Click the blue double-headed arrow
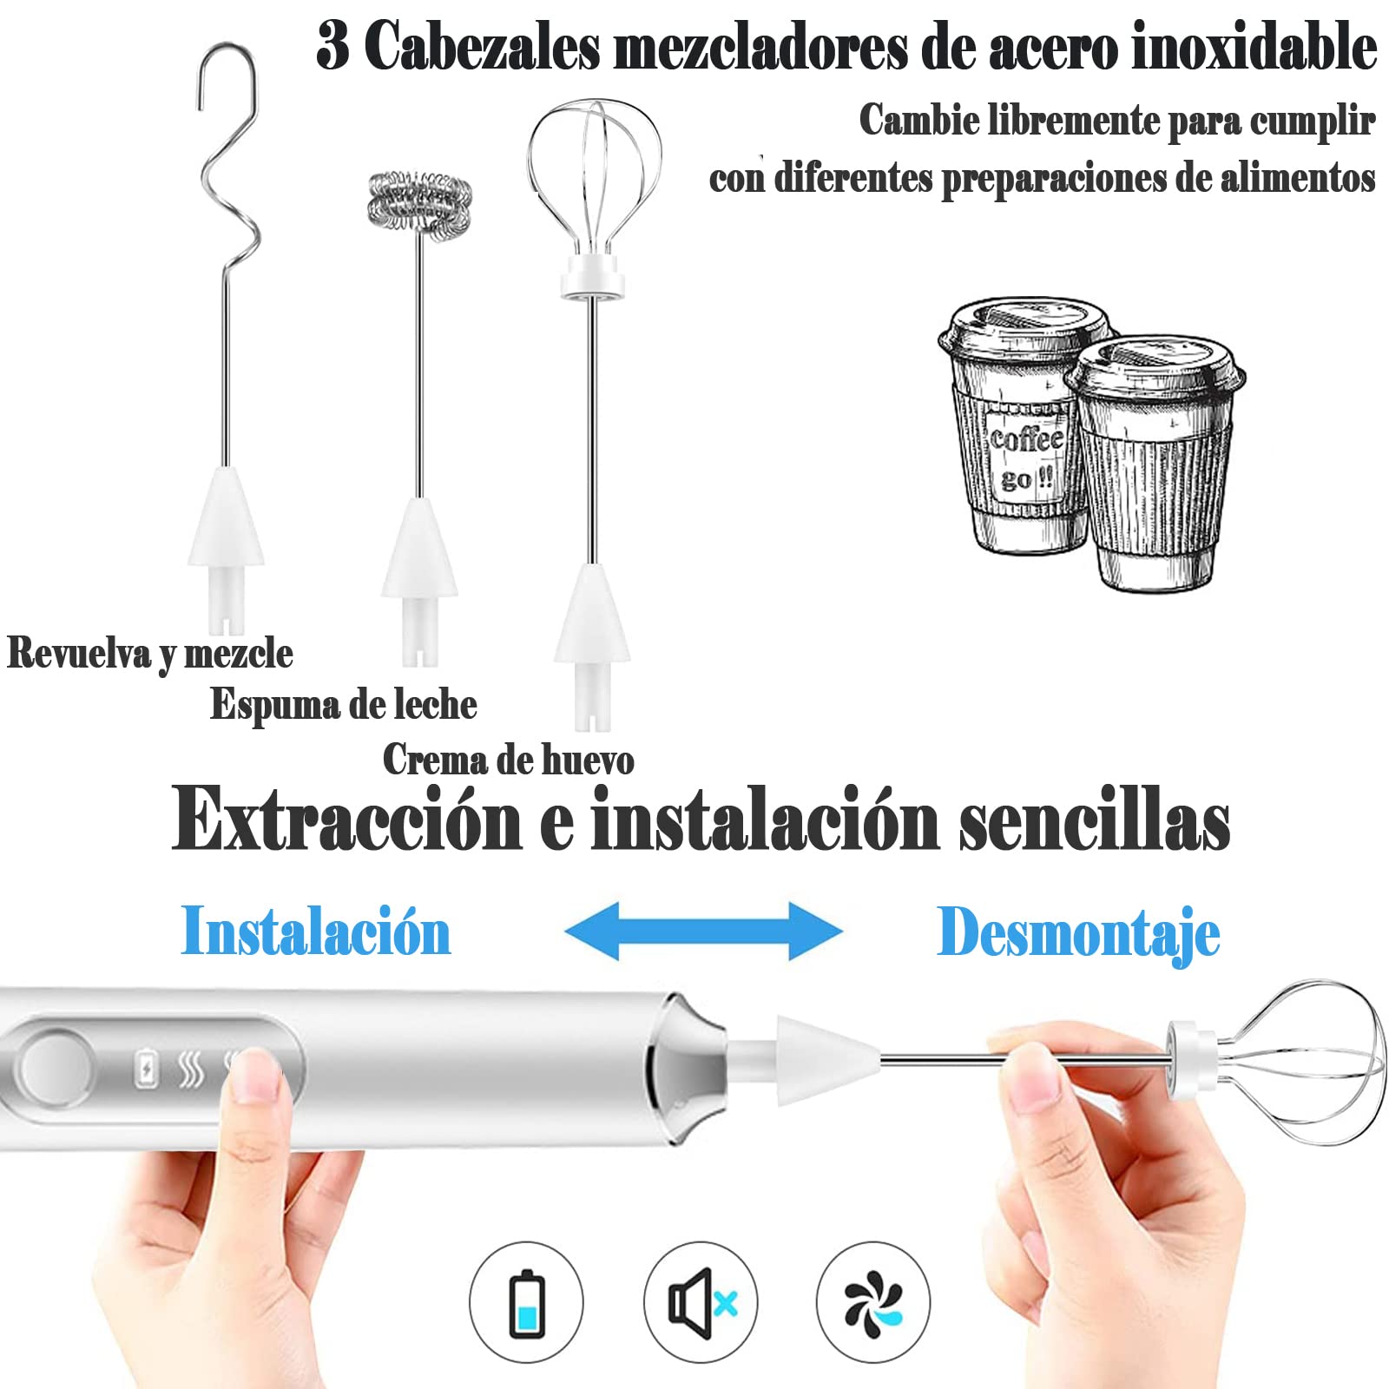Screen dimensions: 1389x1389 coord(703,931)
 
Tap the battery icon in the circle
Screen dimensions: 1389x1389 coord(526,1303)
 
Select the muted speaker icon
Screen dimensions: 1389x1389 coord(701,1303)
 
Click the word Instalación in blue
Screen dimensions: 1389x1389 coord(316,931)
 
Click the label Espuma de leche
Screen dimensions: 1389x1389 coord(344,704)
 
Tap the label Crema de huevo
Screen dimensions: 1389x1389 coord(509,760)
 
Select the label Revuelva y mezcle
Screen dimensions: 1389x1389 coord(150,654)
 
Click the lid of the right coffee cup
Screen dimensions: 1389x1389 coord(1155,365)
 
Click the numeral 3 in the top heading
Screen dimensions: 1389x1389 coord(333,45)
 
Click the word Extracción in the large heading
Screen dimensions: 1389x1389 coord(347,818)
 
